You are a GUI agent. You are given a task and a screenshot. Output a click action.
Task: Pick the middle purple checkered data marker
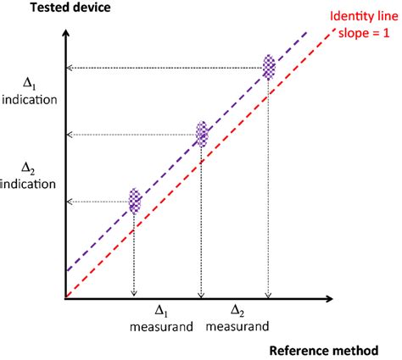pyautogui.click(x=202, y=134)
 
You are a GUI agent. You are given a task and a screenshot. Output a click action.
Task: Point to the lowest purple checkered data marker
pyautogui.click(x=135, y=201)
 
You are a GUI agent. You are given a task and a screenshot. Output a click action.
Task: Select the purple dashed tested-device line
pyautogui.click(x=170, y=166)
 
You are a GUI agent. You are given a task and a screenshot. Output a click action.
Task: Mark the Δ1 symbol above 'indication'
pyautogui.click(x=28, y=86)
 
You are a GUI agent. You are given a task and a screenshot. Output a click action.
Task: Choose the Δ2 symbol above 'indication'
pyautogui.click(x=28, y=168)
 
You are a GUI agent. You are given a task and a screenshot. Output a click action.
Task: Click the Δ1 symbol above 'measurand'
pyautogui.click(x=160, y=312)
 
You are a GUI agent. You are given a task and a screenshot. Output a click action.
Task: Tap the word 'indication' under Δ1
pyautogui.click(x=29, y=100)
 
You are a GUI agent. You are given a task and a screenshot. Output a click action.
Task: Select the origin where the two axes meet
pyautogui.click(x=65, y=297)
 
